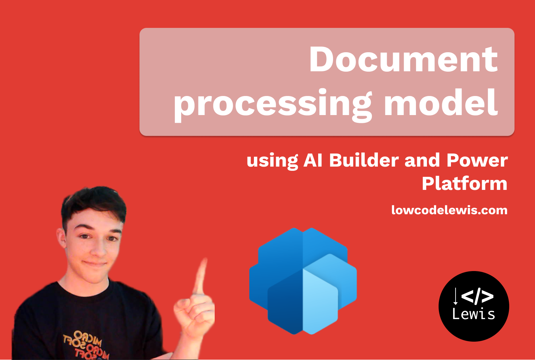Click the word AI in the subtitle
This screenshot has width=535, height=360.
[x=313, y=161]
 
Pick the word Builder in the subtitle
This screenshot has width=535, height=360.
[x=364, y=161]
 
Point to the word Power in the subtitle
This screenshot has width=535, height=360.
[x=477, y=161]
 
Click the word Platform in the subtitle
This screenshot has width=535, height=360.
[x=464, y=184]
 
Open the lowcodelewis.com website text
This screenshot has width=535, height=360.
[x=449, y=210]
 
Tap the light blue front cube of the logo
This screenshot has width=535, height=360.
[x=320, y=300]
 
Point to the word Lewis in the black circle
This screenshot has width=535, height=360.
[x=474, y=314]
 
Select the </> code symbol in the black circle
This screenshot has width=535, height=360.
[x=477, y=296]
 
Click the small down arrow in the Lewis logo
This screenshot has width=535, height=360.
[x=456, y=296]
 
